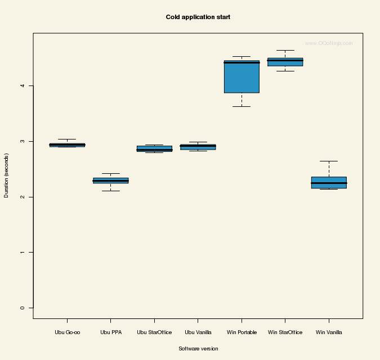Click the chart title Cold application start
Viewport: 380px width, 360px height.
(198, 17)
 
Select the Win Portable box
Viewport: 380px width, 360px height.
(242, 76)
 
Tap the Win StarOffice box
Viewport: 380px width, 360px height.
(285, 62)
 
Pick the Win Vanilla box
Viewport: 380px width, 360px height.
(329, 182)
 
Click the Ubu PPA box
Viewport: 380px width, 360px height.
(110, 181)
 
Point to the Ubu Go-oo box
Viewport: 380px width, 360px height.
(67, 145)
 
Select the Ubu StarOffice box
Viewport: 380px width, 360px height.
(154, 148)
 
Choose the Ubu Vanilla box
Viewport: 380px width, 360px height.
(198, 147)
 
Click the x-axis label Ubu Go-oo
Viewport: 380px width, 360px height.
(67, 332)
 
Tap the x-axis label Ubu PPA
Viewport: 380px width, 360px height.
(110, 332)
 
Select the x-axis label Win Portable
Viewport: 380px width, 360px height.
(242, 332)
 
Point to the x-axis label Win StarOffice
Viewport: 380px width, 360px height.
(285, 332)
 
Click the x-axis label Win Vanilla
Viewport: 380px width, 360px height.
(329, 332)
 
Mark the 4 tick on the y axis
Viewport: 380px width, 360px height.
(23, 85)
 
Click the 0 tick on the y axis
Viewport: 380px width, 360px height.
(23, 308)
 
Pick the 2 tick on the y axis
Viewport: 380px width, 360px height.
(23, 197)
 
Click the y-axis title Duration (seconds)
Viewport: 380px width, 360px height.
(7, 175)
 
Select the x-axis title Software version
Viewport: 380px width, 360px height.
(198, 349)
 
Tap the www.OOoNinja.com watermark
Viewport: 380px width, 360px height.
(329, 43)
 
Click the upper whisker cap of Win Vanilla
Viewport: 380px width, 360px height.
(329, 161)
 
